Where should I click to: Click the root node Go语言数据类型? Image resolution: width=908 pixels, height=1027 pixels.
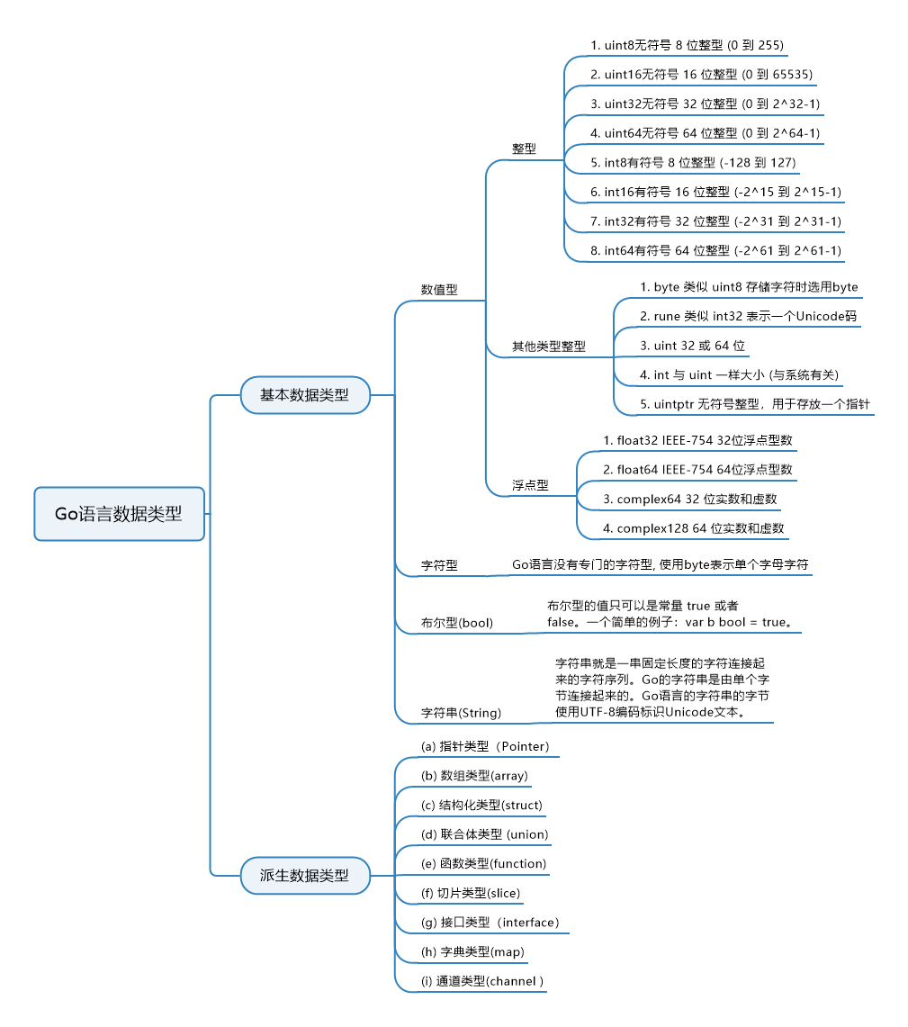[119, 514]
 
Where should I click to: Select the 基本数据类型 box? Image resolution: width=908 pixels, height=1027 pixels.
[305, 394]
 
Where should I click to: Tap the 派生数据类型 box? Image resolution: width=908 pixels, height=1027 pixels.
[305, 875]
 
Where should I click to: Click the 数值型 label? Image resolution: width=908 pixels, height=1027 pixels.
[439, 290]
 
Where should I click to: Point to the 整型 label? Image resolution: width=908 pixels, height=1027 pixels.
[524, 149]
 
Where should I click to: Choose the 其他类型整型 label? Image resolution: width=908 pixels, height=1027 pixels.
[548, 346]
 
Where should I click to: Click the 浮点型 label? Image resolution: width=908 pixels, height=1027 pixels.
[530, 485]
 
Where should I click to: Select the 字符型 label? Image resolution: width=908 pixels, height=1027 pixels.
[439, 565]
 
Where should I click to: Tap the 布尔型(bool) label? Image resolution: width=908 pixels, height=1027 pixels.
[457, 622]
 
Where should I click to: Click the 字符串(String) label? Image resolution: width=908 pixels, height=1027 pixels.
[461, 713]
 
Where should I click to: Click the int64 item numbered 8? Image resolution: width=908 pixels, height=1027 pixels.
[715, 250]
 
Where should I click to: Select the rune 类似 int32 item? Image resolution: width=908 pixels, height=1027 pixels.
[748, 316]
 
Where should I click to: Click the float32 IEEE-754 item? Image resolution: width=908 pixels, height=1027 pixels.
[697, 440]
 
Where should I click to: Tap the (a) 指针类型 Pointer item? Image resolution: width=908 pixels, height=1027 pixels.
[485, 746]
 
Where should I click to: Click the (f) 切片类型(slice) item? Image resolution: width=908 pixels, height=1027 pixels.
[470, 893]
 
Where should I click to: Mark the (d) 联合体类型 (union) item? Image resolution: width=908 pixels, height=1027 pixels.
[484, 833]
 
